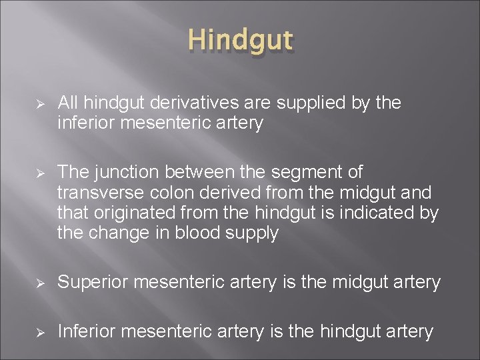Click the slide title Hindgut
click(241, 40)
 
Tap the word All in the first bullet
click(68, 103)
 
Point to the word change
click(117, 234)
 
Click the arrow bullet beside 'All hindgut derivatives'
click(39, 104)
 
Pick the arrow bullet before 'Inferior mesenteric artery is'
click(39, 332)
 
